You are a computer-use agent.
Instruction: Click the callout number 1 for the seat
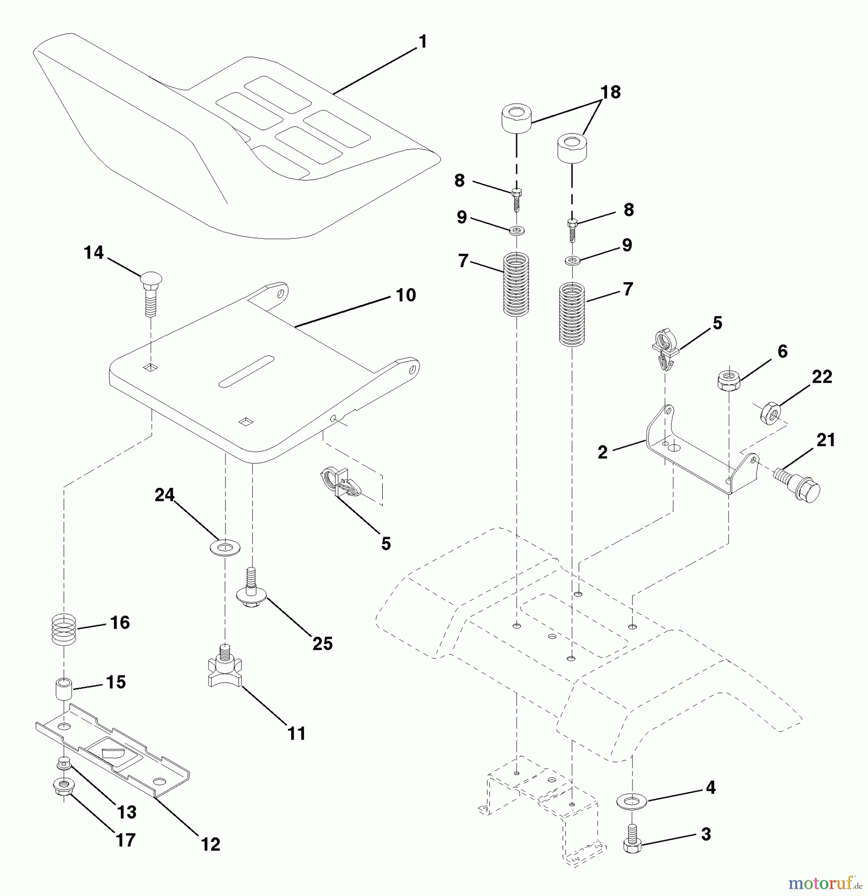click(423, 42)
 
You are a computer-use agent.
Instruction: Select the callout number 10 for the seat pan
click(406, 295)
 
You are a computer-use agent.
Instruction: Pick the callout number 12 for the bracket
click(211, 844)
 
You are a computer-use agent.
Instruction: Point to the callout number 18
click(611, 93)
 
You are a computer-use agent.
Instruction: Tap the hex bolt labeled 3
click(632, 843)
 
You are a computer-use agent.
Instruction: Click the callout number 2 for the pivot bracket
click(603, 452)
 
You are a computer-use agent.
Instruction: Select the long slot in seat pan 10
click(246, 371)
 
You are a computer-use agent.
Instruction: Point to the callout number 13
click(126, 812)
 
